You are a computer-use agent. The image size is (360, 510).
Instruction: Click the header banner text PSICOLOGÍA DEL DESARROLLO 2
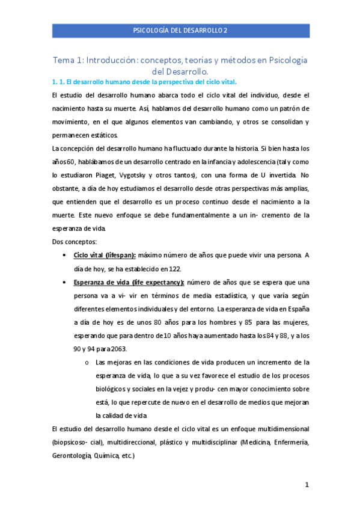(x=180, y=30)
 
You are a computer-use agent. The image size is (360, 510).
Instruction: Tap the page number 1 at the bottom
(x=306, y=485)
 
